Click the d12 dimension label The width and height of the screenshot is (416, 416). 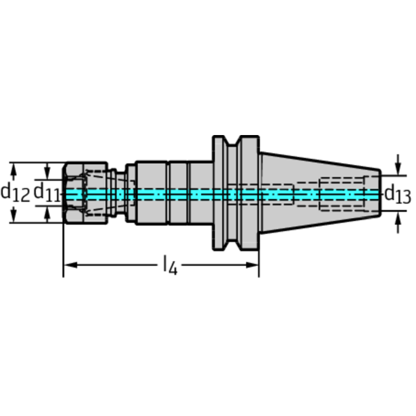coord(15,193)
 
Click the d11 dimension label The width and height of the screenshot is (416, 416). coord(47,193)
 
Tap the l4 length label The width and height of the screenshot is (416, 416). coord(170,265)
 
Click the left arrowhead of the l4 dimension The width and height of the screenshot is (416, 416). coord(71,265)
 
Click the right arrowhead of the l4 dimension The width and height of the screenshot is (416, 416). coord(252,265)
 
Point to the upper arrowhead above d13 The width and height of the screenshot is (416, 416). coord(398,169)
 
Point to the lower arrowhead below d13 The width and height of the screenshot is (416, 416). coord(398,218)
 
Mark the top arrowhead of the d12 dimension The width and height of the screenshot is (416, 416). coord(14,169)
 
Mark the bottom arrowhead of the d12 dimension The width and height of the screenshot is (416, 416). coord(14,216)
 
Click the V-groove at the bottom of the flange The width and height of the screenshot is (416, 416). coord(233,245)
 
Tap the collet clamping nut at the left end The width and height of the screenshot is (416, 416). coord(86,193)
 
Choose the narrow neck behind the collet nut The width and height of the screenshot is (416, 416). coord(121,193)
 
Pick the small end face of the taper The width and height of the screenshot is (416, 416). coord(380,193)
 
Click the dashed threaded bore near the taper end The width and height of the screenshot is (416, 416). coord(342,194)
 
